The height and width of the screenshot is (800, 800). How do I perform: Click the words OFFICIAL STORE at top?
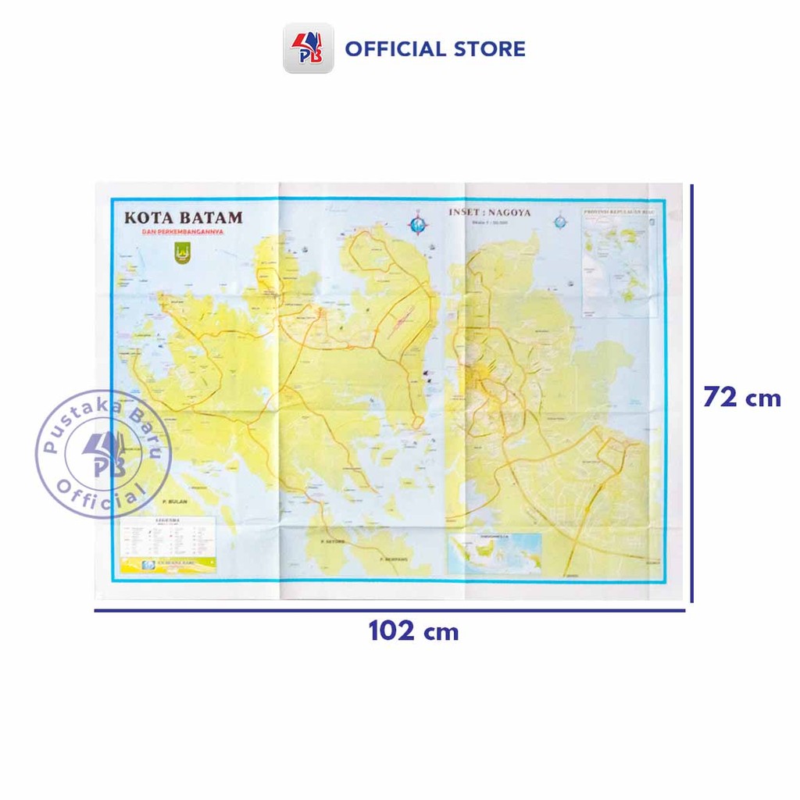(435, 49)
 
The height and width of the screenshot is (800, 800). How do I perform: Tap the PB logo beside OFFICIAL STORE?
(308, 48)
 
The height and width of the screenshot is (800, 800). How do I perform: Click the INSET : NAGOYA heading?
(490, 212)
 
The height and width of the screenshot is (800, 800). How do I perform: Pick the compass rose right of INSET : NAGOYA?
(560, 221)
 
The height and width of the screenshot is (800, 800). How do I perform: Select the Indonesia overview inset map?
(495, 554)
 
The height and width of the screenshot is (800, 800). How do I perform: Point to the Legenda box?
(166, 534)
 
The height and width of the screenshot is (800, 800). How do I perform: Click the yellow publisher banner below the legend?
(166, 563)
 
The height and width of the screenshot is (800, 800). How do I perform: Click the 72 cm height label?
(741, 398)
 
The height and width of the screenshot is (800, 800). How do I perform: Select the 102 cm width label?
(413, 630)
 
